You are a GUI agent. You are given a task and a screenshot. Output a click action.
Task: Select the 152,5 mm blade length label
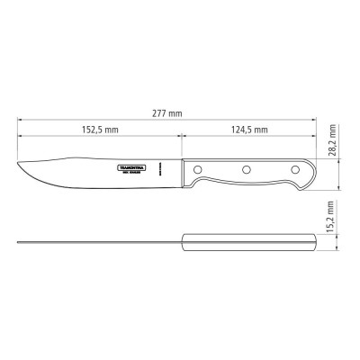(x=99, y=130)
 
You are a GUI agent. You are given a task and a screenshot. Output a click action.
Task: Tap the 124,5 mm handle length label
(x=249, y=130)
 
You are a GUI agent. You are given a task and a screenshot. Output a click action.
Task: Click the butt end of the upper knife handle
(x=314, y=169)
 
